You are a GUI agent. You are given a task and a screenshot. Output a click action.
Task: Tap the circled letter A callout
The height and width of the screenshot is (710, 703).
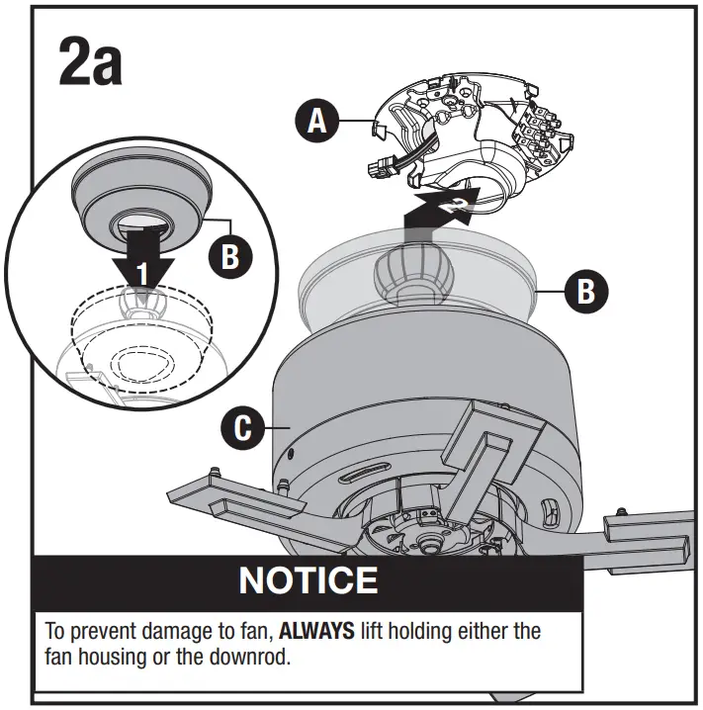315,122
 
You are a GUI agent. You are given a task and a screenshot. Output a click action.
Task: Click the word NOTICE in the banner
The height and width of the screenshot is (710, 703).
308,579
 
